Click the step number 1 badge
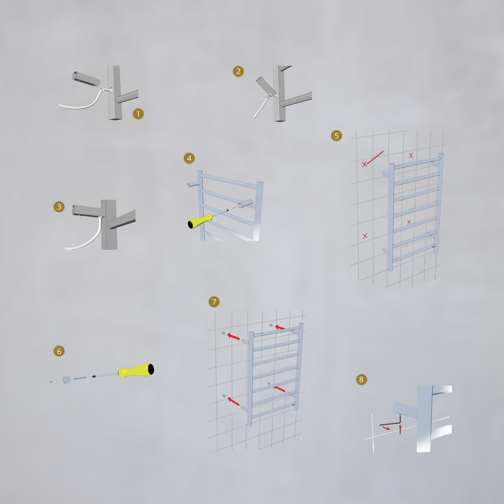(138, 114)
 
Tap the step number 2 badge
(238, 71)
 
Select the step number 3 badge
(59, 206)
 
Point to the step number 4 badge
(189, 158)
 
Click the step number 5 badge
(336, 135)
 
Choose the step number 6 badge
(59, 351)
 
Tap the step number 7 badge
(214, 302)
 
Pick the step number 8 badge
(361, 379)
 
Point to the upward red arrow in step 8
(400, 429)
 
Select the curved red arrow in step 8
(386, 428)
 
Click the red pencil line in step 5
(375, 157)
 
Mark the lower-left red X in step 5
(365, 236)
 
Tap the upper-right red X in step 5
(411, 156)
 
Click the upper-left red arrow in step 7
(233, 336)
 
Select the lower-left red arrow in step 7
(233, 401)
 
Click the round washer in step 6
(66, 379)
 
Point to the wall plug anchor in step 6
(53, 382)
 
